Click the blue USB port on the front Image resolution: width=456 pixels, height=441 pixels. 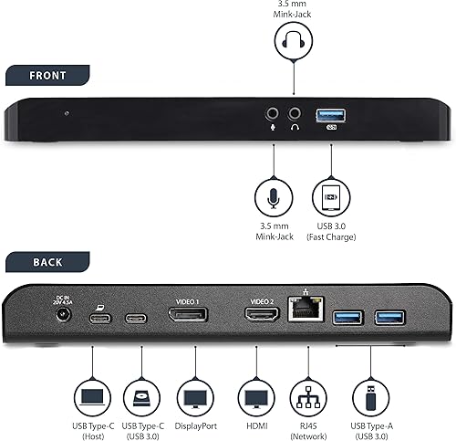point(330,115)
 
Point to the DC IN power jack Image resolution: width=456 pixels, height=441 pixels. point(65,315)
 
